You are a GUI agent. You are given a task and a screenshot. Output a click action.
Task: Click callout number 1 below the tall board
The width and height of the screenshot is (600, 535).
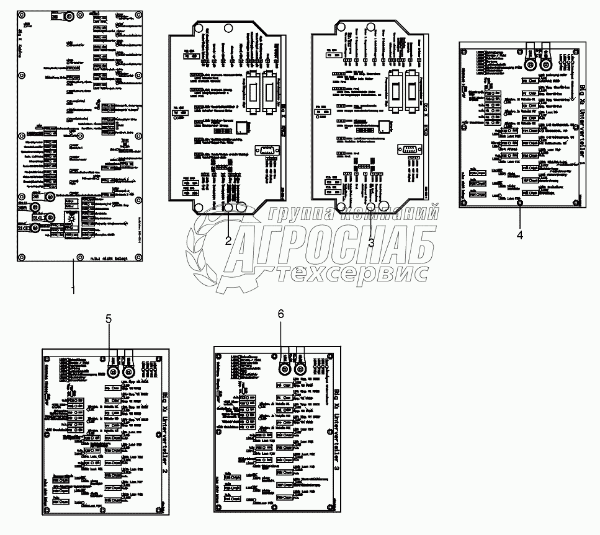click(x=73, y=290)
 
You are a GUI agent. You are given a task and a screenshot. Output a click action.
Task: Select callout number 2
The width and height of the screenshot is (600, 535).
click(x=228, y=242)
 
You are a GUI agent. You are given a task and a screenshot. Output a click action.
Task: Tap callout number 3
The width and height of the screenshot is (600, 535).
click(x=371, y=243)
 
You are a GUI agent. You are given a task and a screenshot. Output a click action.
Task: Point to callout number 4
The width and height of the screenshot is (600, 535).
click(x=520, y=234)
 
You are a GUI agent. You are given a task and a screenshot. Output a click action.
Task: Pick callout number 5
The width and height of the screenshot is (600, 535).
click(x=109, y=319)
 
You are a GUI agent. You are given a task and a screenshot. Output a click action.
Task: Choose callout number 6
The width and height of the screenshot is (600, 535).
click(x=280, y=314)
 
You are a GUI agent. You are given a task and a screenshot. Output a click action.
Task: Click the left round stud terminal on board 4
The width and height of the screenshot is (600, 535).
click(x=531, y=64)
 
